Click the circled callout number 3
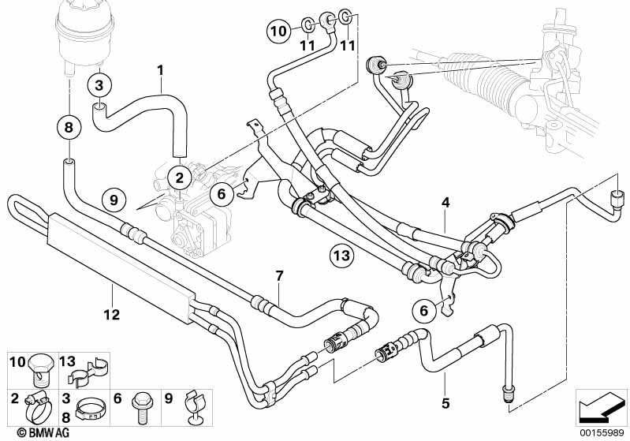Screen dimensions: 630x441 99,85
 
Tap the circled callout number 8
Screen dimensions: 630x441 69,128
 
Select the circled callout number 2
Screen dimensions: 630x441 179,178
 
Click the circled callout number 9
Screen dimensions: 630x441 114,200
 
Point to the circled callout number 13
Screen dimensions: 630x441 342,255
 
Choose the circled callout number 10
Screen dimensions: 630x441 278,31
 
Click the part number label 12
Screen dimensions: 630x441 112,314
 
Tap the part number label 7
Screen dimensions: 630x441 280,276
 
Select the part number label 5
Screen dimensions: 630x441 445,403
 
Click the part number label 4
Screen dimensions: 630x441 445,203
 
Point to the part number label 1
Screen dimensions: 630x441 161,71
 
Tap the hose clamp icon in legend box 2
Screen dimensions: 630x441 38,407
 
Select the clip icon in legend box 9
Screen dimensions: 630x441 195,407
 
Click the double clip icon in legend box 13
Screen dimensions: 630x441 89,371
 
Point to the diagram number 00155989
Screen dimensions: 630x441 602,433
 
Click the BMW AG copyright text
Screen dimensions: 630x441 43,432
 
